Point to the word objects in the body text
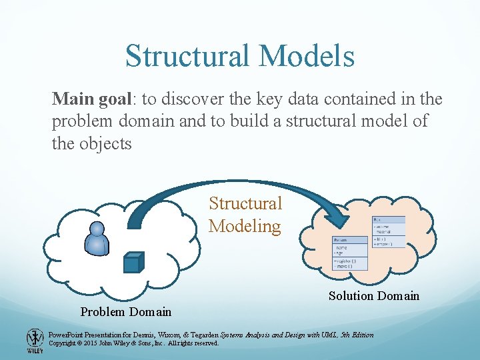click(x=109, y=143)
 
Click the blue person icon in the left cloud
click(x=97, y=238)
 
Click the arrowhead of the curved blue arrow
click(x=336, y=217)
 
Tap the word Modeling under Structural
click(x=245, y=226)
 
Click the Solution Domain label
click(x=373, y=296)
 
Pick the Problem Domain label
click(x=126, y=311)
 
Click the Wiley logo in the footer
click(x=33, y=341)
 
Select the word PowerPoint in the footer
click(x=67, y=335)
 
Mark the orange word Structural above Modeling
click(x=245, y=203)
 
